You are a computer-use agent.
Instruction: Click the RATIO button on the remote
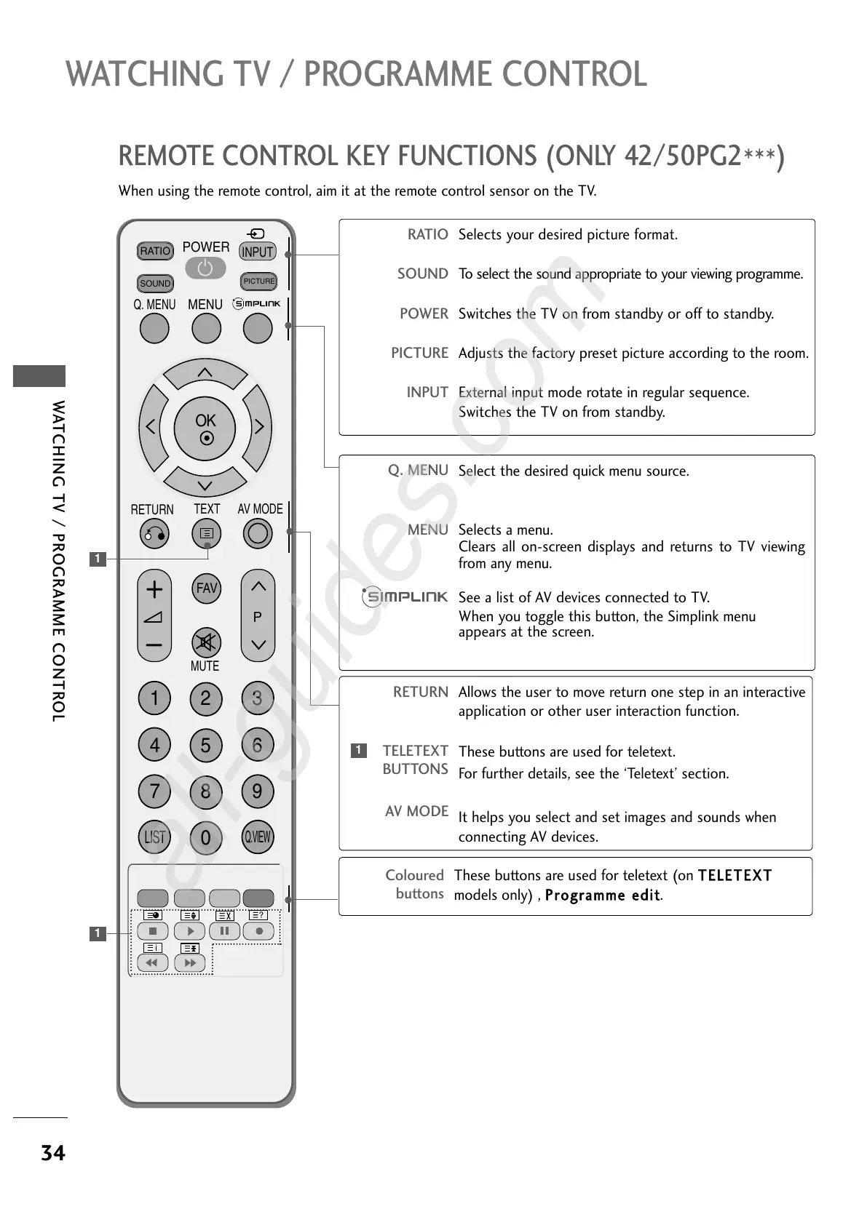(155, 251)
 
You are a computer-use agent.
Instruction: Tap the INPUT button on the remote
(258, 252)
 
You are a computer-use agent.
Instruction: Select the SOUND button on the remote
(155, 283)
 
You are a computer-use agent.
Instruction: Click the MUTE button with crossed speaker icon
(206, 642)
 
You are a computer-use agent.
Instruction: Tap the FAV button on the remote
(207, 588)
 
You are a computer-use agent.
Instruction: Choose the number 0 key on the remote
(206, 837)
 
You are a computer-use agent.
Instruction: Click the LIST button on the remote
(154, 837)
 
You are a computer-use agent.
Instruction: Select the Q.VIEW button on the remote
(257, 837)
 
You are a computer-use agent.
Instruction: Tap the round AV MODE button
(258, 534)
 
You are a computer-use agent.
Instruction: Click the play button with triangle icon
(190, 931)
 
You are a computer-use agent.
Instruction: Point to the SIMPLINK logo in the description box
(405, 597)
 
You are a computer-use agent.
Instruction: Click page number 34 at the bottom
(53, 1153)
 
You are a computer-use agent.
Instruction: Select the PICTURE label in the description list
(419, 353)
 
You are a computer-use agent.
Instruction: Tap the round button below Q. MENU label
(154, 329)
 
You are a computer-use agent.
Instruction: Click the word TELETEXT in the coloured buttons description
(735, 875)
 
